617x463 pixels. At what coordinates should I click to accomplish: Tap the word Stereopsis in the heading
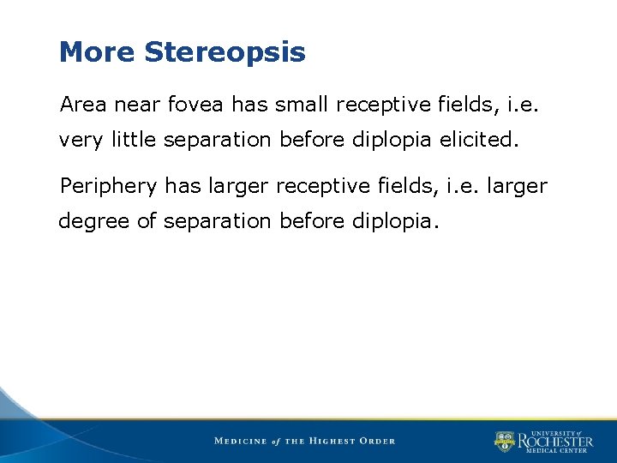tap(225, 53)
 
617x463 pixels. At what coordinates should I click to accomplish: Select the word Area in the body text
tap(83, 105)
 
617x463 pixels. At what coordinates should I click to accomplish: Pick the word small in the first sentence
tap(303, 105)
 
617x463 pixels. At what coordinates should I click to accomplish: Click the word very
tap(81, 141)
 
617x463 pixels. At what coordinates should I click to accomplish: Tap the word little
tap(133, 140)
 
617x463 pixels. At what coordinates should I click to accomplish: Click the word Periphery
tap(109, 186)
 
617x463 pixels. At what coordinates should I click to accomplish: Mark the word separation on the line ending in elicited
tap(216, 140)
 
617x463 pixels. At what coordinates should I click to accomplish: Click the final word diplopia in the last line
tap(395, 221)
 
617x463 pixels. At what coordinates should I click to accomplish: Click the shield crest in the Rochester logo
tap(504, 442)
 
